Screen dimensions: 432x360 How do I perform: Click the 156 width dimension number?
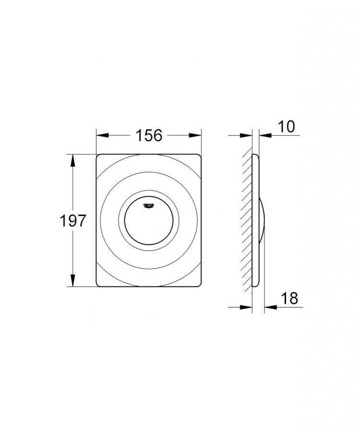point(148,136)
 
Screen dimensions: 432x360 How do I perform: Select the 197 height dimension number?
point(72,221)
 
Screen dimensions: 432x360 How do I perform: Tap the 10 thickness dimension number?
point(286,127)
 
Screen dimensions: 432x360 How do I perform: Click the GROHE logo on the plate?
point(148,205)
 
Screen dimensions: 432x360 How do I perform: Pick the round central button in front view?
point(148,221)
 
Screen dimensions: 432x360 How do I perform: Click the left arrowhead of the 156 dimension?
point(101,136)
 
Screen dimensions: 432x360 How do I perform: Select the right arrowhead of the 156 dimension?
point(196,136)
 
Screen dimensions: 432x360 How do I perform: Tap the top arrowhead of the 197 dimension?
point(73,159)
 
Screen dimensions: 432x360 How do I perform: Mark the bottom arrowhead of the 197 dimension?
point(73,282)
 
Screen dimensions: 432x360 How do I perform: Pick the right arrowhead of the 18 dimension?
point(269,307)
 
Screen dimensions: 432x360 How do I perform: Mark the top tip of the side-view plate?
point(255,155)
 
